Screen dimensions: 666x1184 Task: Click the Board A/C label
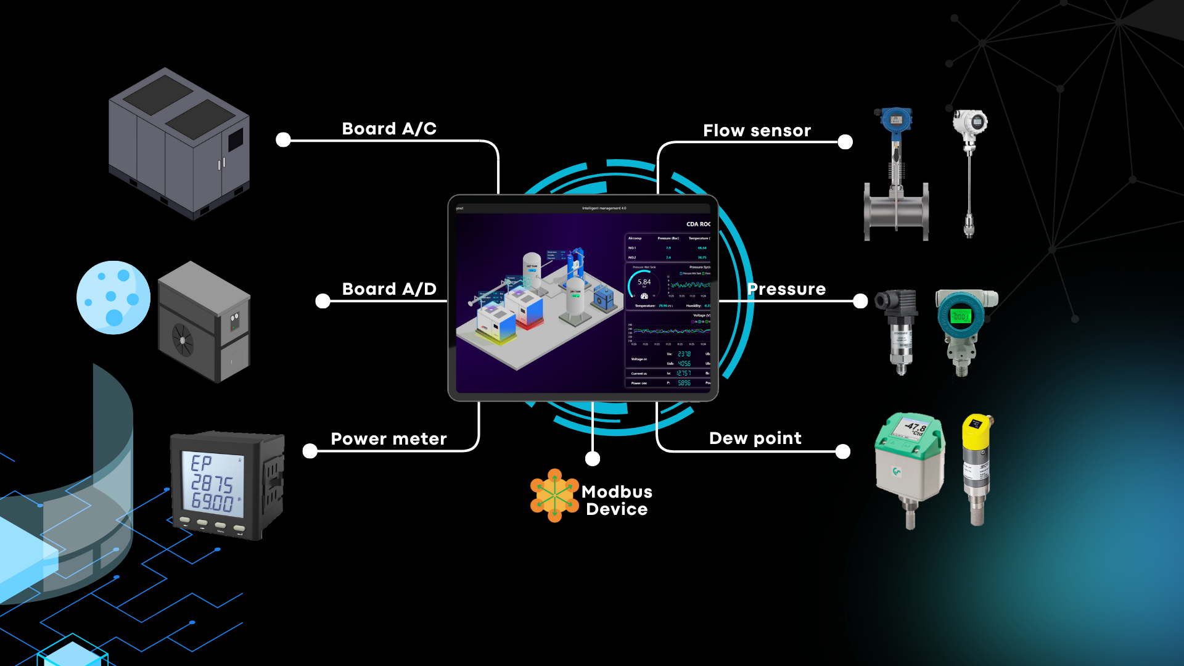[x=389, y=128]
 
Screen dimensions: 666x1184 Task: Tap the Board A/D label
[x=389, y=289]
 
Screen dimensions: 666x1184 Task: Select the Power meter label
[x=388, y=438]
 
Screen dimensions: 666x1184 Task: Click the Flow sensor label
[x=757, y=130]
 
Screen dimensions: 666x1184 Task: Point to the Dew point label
[x=755, y=438]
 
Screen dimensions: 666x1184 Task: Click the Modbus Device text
[x=617, y=500]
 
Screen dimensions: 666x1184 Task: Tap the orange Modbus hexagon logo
[x=554, y=495]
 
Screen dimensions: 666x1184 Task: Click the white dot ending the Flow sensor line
[x=845, y=142]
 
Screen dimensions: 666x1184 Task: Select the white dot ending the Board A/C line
[x=283, y=140]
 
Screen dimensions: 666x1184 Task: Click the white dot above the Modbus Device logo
[x=592, y=458]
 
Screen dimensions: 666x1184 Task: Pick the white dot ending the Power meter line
[x=310, y=451]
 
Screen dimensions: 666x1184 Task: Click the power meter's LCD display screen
[x=212, y=483]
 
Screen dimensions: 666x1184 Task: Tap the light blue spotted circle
[x=113, y=297]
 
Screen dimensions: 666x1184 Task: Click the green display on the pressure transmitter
[x=960, y=316]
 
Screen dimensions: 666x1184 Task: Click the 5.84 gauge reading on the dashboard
[x=644, y=282]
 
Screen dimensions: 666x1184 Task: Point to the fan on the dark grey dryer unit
[x=183, y=340]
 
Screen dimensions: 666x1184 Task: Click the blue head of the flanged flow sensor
[x=896, y=120]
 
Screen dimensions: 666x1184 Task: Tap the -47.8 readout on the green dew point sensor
[x=915, y=427]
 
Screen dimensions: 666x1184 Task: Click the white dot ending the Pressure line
[x=860, y=301]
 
